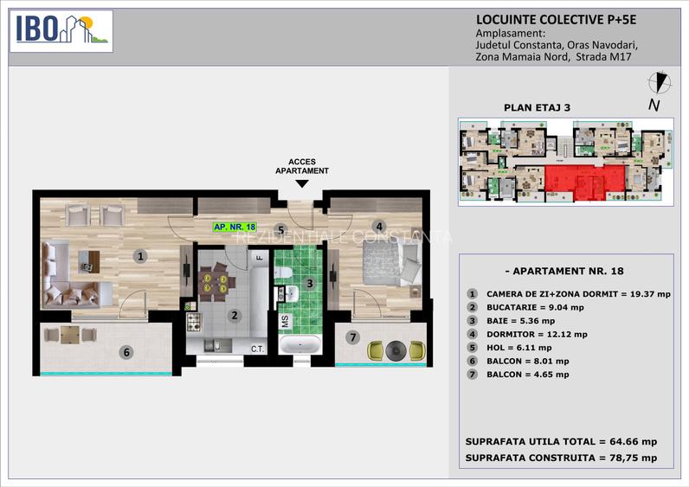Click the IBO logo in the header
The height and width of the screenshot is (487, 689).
[61, 31]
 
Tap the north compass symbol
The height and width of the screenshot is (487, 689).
[660, 84]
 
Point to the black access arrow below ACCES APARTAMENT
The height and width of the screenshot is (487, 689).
[300, 183]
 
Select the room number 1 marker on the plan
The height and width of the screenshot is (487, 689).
[139, 256]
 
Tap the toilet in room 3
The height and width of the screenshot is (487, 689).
[283, 273]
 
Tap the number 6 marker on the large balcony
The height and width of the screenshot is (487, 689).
[126, 352]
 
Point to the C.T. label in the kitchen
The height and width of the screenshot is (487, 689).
[257, 349]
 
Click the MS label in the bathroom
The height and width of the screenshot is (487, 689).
[284, 321]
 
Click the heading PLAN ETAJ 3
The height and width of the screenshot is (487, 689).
[537, 108]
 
